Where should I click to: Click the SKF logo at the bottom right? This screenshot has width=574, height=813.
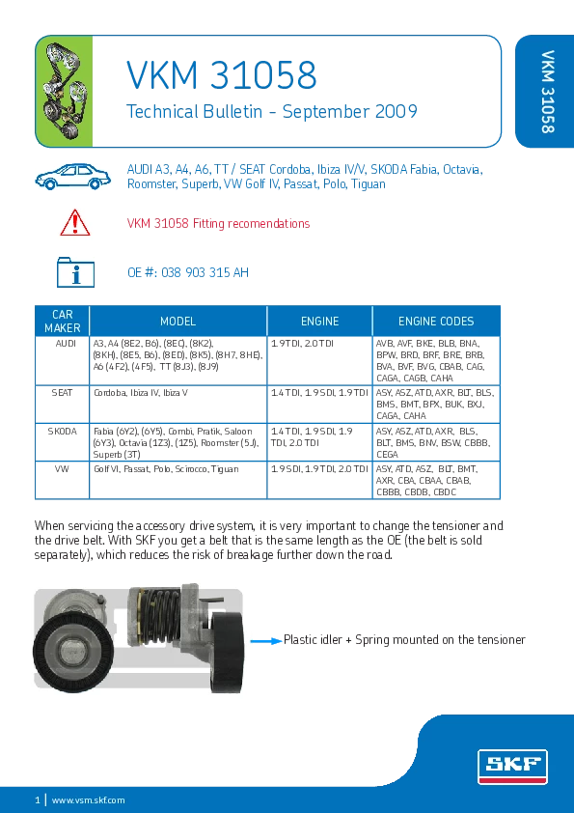(512, 767)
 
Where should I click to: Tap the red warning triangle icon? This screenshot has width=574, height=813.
(75, 223)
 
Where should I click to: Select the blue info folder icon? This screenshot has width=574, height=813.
(75, 271)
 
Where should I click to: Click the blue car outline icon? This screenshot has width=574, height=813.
(73, 177)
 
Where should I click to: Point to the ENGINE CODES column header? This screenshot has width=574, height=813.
(436, 322)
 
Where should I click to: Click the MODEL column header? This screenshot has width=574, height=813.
(178, 322)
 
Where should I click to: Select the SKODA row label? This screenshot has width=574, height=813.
(62, 432)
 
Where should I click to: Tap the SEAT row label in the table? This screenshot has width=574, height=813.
(62, 393)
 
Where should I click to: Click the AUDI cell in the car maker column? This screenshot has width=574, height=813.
(66, 343)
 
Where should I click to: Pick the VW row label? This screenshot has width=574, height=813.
(62, 468)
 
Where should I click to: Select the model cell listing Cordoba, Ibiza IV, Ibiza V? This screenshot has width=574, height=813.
(141, 393)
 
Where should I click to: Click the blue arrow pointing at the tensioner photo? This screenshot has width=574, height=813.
(266, 641)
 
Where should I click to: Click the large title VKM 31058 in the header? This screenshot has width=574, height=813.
(222, 74)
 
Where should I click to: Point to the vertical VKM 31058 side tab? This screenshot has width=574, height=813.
(548, 92)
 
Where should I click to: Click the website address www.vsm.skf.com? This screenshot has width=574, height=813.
(89, 800)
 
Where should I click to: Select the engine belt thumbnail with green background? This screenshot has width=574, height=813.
(64, 92)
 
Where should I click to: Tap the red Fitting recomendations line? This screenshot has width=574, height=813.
(219, 223)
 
